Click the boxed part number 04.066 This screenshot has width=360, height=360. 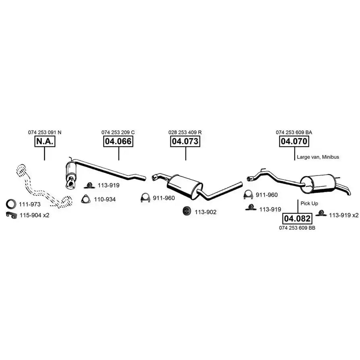point(118,141)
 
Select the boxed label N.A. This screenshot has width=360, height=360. point(44,141)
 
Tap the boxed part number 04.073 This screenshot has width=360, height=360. point(185,141)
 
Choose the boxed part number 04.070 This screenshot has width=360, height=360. point(294,141)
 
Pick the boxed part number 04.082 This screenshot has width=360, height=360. point(298,219)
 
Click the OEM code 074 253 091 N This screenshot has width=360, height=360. point(45,132)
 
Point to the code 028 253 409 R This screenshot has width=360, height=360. point(185,132)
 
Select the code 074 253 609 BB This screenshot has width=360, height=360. point(297,228)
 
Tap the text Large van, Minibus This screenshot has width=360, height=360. point(318,157)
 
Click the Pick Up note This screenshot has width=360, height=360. point(309,203)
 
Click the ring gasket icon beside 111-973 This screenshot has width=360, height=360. point(12,204)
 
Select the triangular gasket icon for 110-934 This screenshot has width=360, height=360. point(85,199)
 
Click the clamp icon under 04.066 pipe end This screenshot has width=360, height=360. point(145,198)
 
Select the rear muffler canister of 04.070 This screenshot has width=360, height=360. point(319,183)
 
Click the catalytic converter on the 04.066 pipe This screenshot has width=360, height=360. point(72,173)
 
